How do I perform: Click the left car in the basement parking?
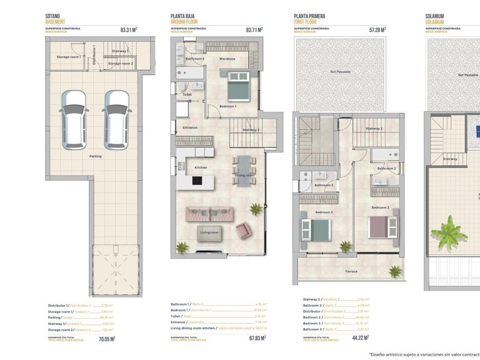coord(74,116)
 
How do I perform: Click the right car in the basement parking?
coord(116,116)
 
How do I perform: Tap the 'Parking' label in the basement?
coord(96,156)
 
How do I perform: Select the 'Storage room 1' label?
coord(67,57)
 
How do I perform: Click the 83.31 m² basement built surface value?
coord(128,29)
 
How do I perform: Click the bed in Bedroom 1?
coord(237,87)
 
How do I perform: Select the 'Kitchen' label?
coord(201,167)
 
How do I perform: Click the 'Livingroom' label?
coord(209,232)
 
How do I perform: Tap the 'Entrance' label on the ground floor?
coord(189,127)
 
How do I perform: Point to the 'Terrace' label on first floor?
coord(351,271)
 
